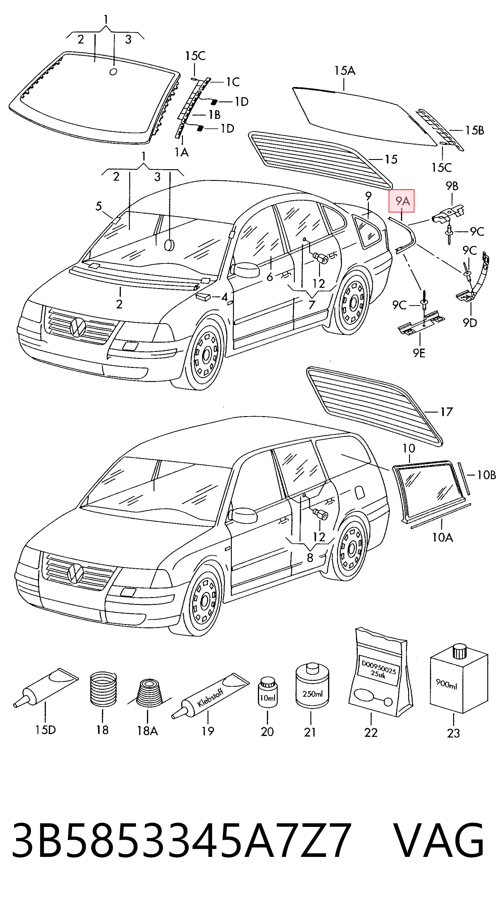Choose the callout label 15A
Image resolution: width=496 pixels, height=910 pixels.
pyautogui.click(x=345, y=71)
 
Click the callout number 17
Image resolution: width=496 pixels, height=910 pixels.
pyautogui.click(x=446, y=412)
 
